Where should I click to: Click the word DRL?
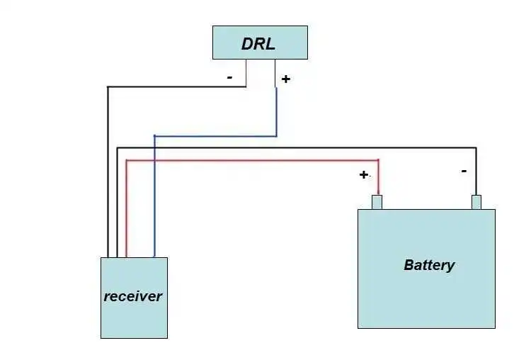pos(258,43)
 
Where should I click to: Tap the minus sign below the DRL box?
pos(230,77)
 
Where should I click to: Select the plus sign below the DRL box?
pos(285,79)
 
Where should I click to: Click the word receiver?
pos(133,296)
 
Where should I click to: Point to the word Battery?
pos(429,265)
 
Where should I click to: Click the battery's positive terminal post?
pos(377,203)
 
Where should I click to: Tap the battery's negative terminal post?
pos(476,203)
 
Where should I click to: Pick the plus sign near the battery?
pos(363,174)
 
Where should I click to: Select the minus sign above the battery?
pos(464,171)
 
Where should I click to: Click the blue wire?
pos(212,135)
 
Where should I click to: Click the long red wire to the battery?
pos(248,161)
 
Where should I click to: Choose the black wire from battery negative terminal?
pos(297,147)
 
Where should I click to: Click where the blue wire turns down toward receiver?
pos(154,135)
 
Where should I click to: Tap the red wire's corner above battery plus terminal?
pos(379,161)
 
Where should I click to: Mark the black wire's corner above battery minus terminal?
pos(476,147)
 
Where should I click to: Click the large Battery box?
pos(426,298)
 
